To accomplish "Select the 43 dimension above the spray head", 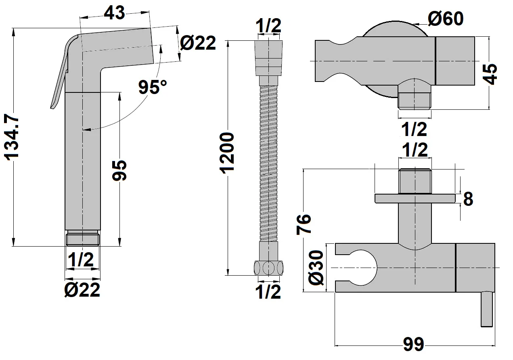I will pos(115,13).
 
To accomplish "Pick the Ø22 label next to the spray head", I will pos(198,43).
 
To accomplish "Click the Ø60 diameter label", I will pos(445,19).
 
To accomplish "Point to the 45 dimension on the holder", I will pos(491,73).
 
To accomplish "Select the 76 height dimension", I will pos(304,224).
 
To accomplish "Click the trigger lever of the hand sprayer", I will pos(60,77).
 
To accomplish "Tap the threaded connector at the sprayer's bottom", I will pos(82,238).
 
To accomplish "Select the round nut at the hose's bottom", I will pos(268,268).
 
